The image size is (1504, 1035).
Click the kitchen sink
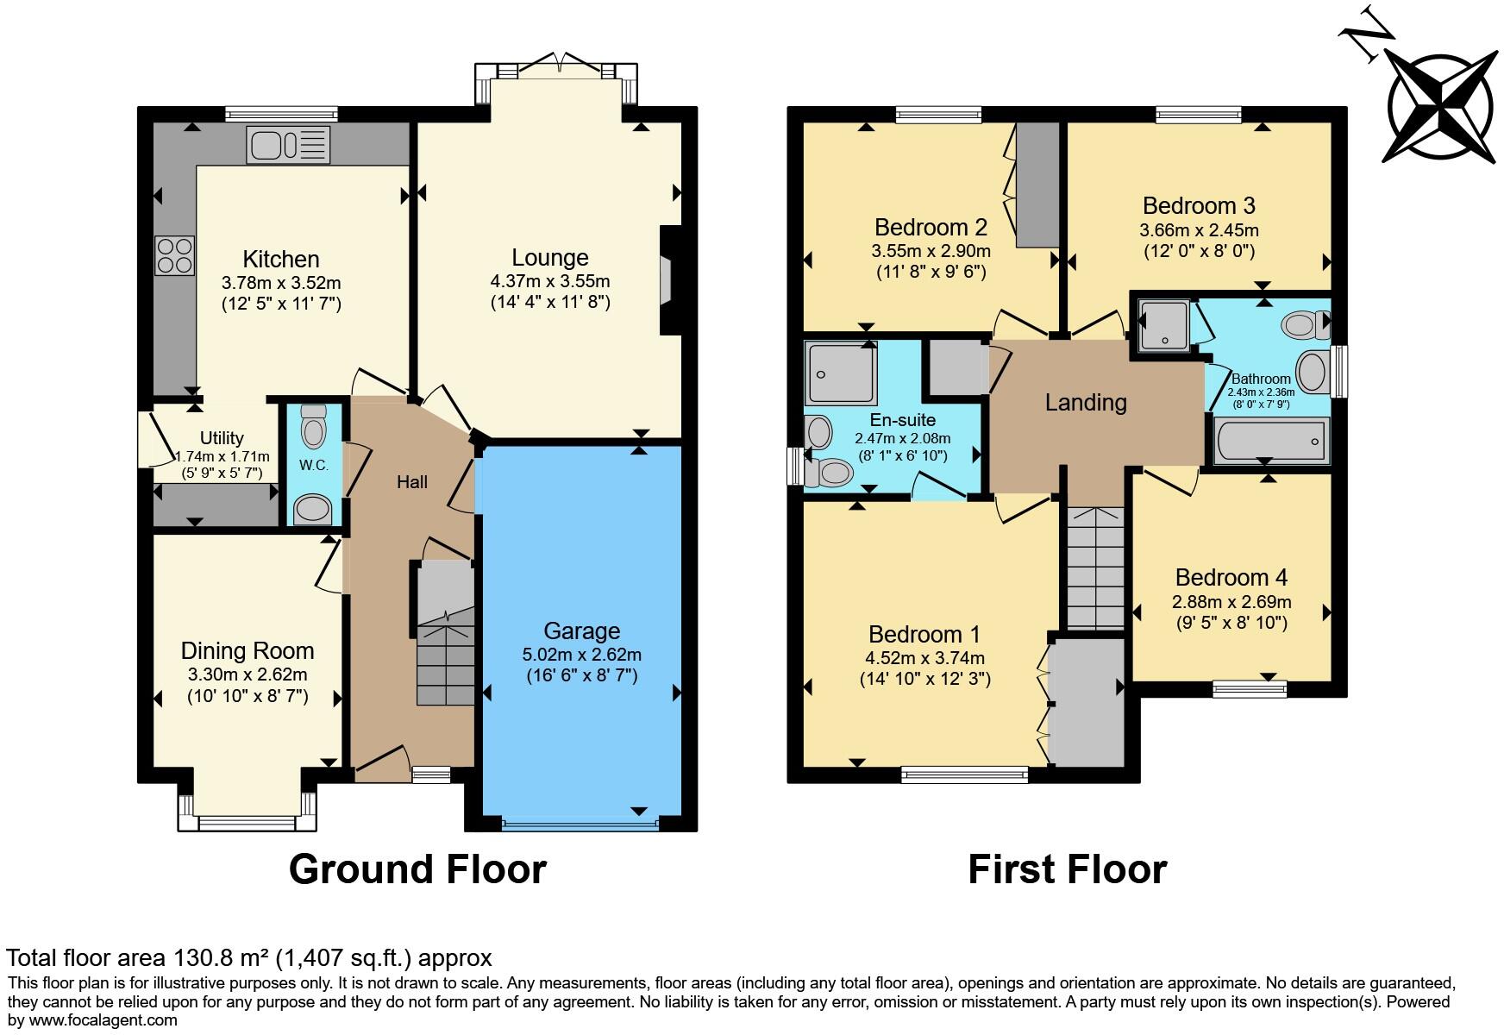(x=288, y=144)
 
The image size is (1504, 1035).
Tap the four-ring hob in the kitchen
(x=174, y=254)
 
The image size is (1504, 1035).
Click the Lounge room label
(x=550, y=257)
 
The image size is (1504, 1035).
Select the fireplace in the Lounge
(x=666, y=279)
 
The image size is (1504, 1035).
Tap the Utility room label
(x=222, y=437)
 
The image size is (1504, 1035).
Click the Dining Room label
(x=248, y=650)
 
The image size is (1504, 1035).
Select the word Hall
(x=412, y=482)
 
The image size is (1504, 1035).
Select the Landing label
(x=1086, y=402)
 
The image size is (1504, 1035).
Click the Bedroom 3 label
(x=1199, y=205)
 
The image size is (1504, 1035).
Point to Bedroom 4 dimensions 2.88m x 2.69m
(x=1231, y=601)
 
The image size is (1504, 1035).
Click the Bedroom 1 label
(x=924, y=634)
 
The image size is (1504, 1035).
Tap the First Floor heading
(x=1067, y=869)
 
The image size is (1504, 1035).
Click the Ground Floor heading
(x=417, y=869)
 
